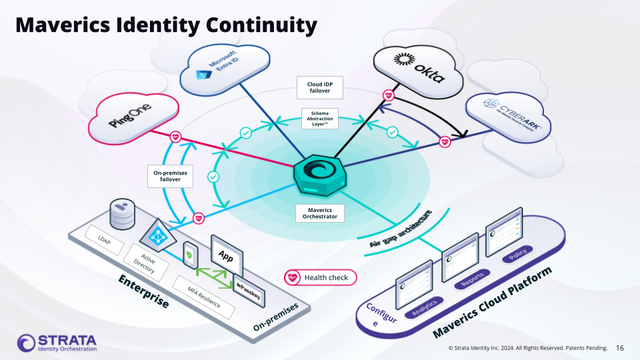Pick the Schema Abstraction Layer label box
point(319,119)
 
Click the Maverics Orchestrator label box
point(320,213)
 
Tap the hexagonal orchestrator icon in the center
point(320,174)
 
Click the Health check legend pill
point(320,277)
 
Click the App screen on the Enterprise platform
point(227,255)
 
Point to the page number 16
point(620,348)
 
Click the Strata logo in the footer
point(57,343)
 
